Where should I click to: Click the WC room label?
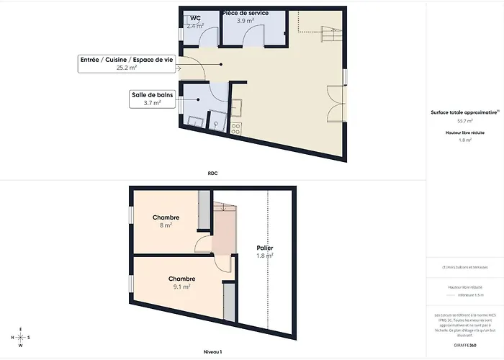(195, 18)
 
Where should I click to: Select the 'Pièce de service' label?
(246, 13)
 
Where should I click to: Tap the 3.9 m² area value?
(246, 21)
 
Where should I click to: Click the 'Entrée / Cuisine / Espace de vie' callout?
(126, 61)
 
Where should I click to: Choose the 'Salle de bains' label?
(152, 94)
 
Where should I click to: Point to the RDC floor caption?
(212, 173)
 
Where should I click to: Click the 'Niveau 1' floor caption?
(212, 351)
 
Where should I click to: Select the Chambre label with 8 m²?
(166, 217)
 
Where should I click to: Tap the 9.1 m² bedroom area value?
(181, 287)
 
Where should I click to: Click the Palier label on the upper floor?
(264, 248)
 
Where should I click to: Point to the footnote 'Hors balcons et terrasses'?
(465, 268)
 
